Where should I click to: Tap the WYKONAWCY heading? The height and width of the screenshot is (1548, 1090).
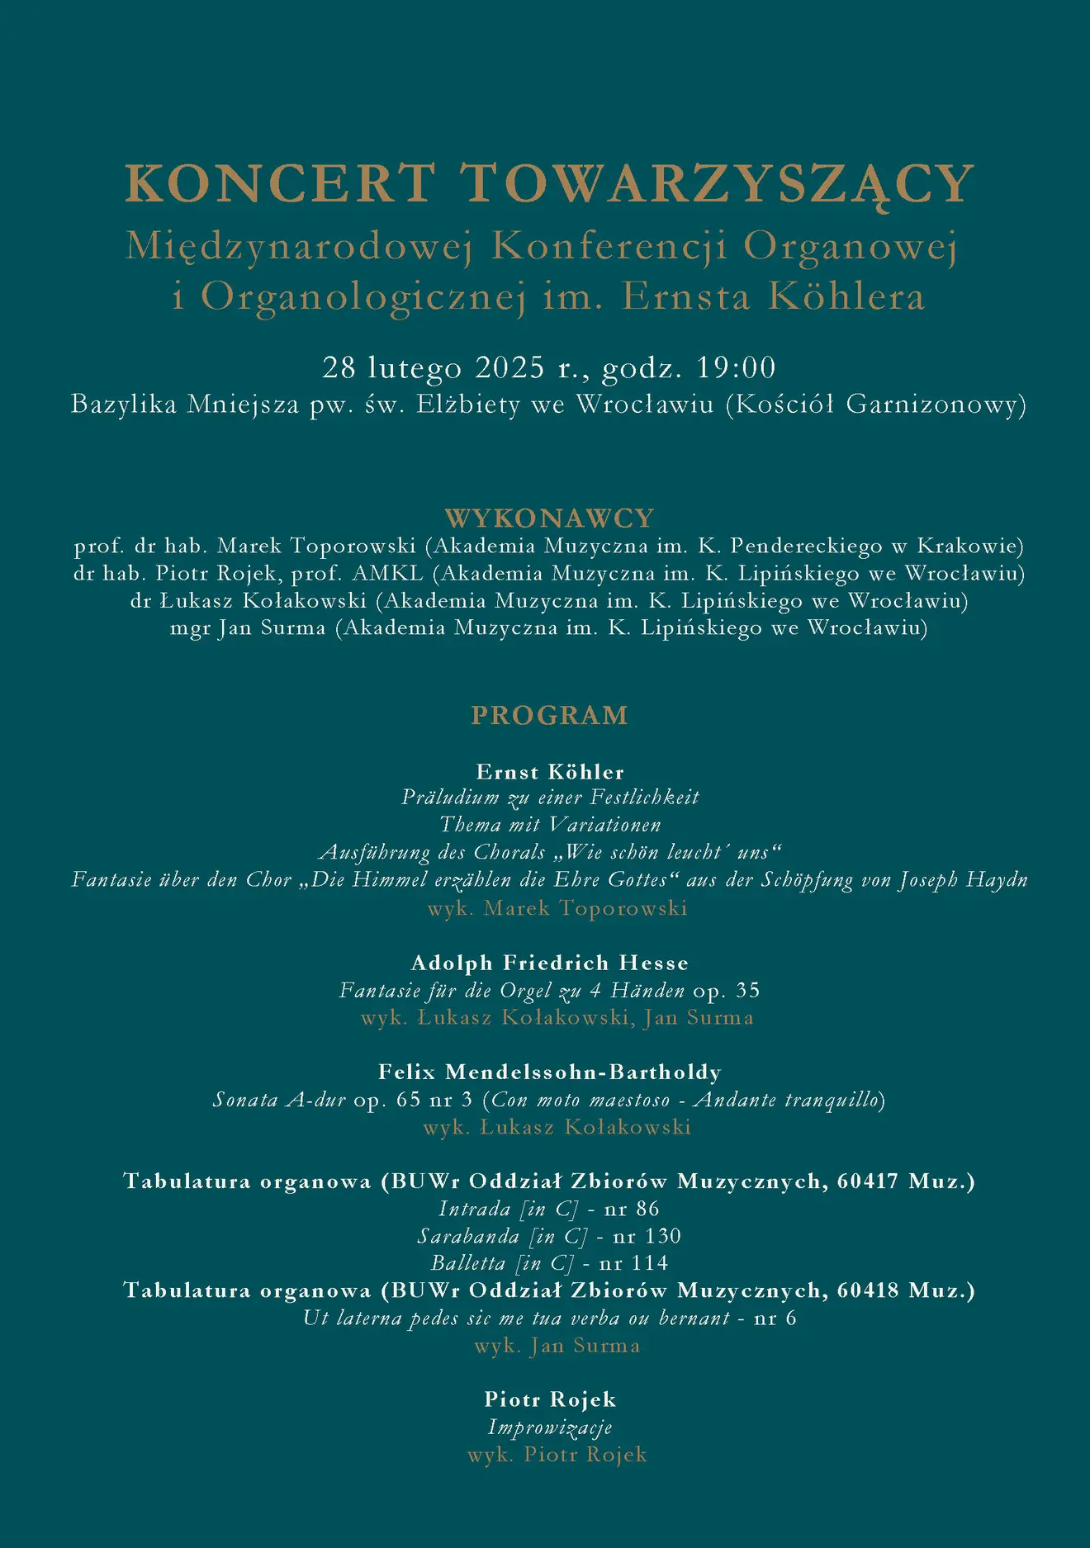(x=549, y=518)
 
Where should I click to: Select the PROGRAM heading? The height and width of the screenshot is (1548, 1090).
(x=549, y=715)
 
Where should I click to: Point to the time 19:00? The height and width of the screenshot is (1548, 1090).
(x=736, y=367)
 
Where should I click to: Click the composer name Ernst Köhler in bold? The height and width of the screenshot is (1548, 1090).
(x=550, y=772)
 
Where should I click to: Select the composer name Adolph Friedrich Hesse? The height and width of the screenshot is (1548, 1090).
(x=549, y=963)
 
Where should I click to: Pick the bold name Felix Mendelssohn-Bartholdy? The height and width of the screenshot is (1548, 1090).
(x=549, y=1072)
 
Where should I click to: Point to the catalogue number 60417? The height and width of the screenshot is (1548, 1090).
(x=868, y=1181)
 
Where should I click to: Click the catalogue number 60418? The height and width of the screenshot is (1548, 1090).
(x=868, y=1290)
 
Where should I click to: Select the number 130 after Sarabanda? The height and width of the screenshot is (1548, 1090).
(x=663, y=1236)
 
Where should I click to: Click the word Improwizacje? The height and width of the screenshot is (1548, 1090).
(x=549, y=1427)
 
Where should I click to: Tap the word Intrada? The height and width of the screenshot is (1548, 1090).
(x=474, y=1209)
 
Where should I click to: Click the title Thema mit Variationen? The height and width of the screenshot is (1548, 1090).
(x=550, y=825)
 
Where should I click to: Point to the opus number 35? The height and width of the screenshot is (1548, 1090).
(x=747, y=990)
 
